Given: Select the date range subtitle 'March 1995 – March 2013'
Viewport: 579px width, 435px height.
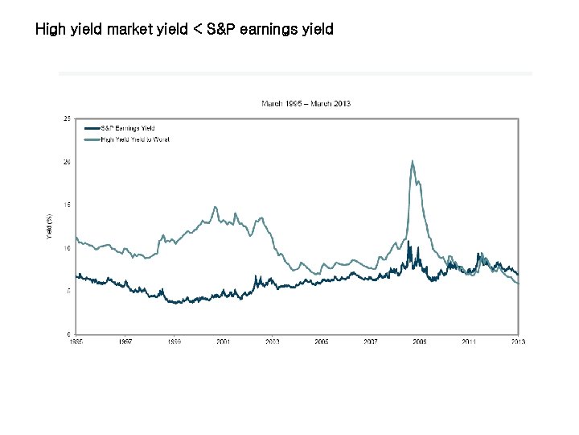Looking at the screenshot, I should point(306,103).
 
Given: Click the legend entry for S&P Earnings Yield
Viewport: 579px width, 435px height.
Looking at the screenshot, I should point(127,128).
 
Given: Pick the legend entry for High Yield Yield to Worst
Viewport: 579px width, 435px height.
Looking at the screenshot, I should point(134,139).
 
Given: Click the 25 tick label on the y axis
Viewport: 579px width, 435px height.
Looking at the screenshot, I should point(67,118).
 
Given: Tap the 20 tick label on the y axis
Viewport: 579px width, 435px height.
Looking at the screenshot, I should point(67,162).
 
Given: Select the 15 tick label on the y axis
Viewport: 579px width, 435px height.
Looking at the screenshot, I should point(67,205).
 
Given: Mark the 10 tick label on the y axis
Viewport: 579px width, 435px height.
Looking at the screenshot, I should point(67,248).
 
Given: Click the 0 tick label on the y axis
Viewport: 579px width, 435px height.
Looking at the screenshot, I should point(68,333).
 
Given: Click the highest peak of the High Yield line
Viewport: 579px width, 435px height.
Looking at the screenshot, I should point(413,161).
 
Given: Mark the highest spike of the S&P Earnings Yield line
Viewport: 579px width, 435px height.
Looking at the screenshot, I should point(409,241).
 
